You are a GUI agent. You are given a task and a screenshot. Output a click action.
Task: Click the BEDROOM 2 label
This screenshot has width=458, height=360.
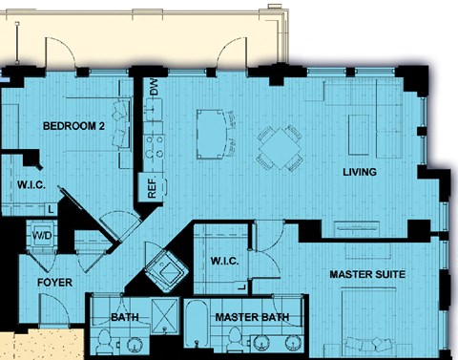tap(73, 126)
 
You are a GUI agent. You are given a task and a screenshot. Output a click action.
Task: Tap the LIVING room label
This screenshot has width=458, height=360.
tap(360, 172)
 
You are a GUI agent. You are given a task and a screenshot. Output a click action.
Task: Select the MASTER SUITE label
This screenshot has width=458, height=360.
tap(367, 274)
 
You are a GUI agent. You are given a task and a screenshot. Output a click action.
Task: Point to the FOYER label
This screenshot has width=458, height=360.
tap(54, 283)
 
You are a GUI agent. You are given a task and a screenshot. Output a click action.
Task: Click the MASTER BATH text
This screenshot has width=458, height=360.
tap(252, 317)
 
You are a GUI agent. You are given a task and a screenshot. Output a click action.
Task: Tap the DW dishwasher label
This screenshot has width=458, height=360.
tap(154, 87)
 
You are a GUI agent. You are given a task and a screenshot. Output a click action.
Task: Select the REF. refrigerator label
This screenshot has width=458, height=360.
tap(153, 187)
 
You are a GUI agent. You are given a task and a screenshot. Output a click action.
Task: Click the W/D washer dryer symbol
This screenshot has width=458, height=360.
tap(42, 236)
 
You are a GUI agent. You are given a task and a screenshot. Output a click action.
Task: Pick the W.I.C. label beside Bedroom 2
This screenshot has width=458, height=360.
tap(31, 185)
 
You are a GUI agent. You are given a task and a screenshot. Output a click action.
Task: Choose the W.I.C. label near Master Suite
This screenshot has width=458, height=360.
tap(224, 262)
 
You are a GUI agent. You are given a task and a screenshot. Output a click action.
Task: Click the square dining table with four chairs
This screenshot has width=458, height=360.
tap(280, 148)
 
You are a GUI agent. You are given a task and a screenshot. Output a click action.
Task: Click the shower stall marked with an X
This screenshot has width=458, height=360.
tap(165, 316)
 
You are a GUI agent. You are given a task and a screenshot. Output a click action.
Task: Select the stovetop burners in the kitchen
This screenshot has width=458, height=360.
tap(154, 147)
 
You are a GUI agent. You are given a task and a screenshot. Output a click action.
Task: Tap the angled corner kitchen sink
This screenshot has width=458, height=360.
tap(166, 271)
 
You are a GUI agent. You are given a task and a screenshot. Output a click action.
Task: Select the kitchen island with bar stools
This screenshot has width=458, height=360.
tap(216, 135)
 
